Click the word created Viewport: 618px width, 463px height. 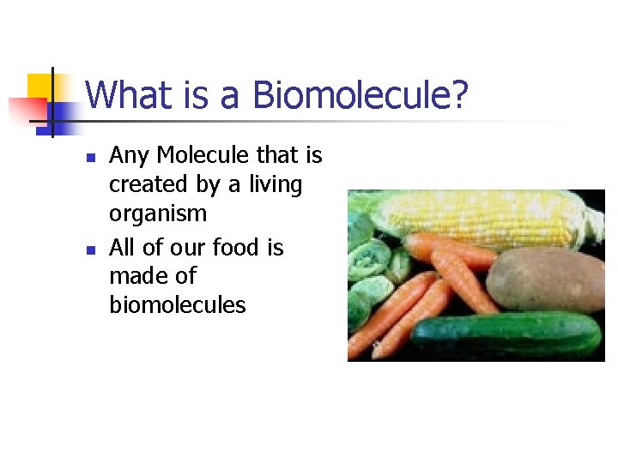[146, 184]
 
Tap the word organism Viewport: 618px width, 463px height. [158, 213]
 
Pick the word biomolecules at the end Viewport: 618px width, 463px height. [178, 304]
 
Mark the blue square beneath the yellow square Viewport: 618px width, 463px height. [60, 115]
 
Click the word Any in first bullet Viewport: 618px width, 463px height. [130, 155]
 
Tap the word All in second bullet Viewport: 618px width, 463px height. [122, 248]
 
